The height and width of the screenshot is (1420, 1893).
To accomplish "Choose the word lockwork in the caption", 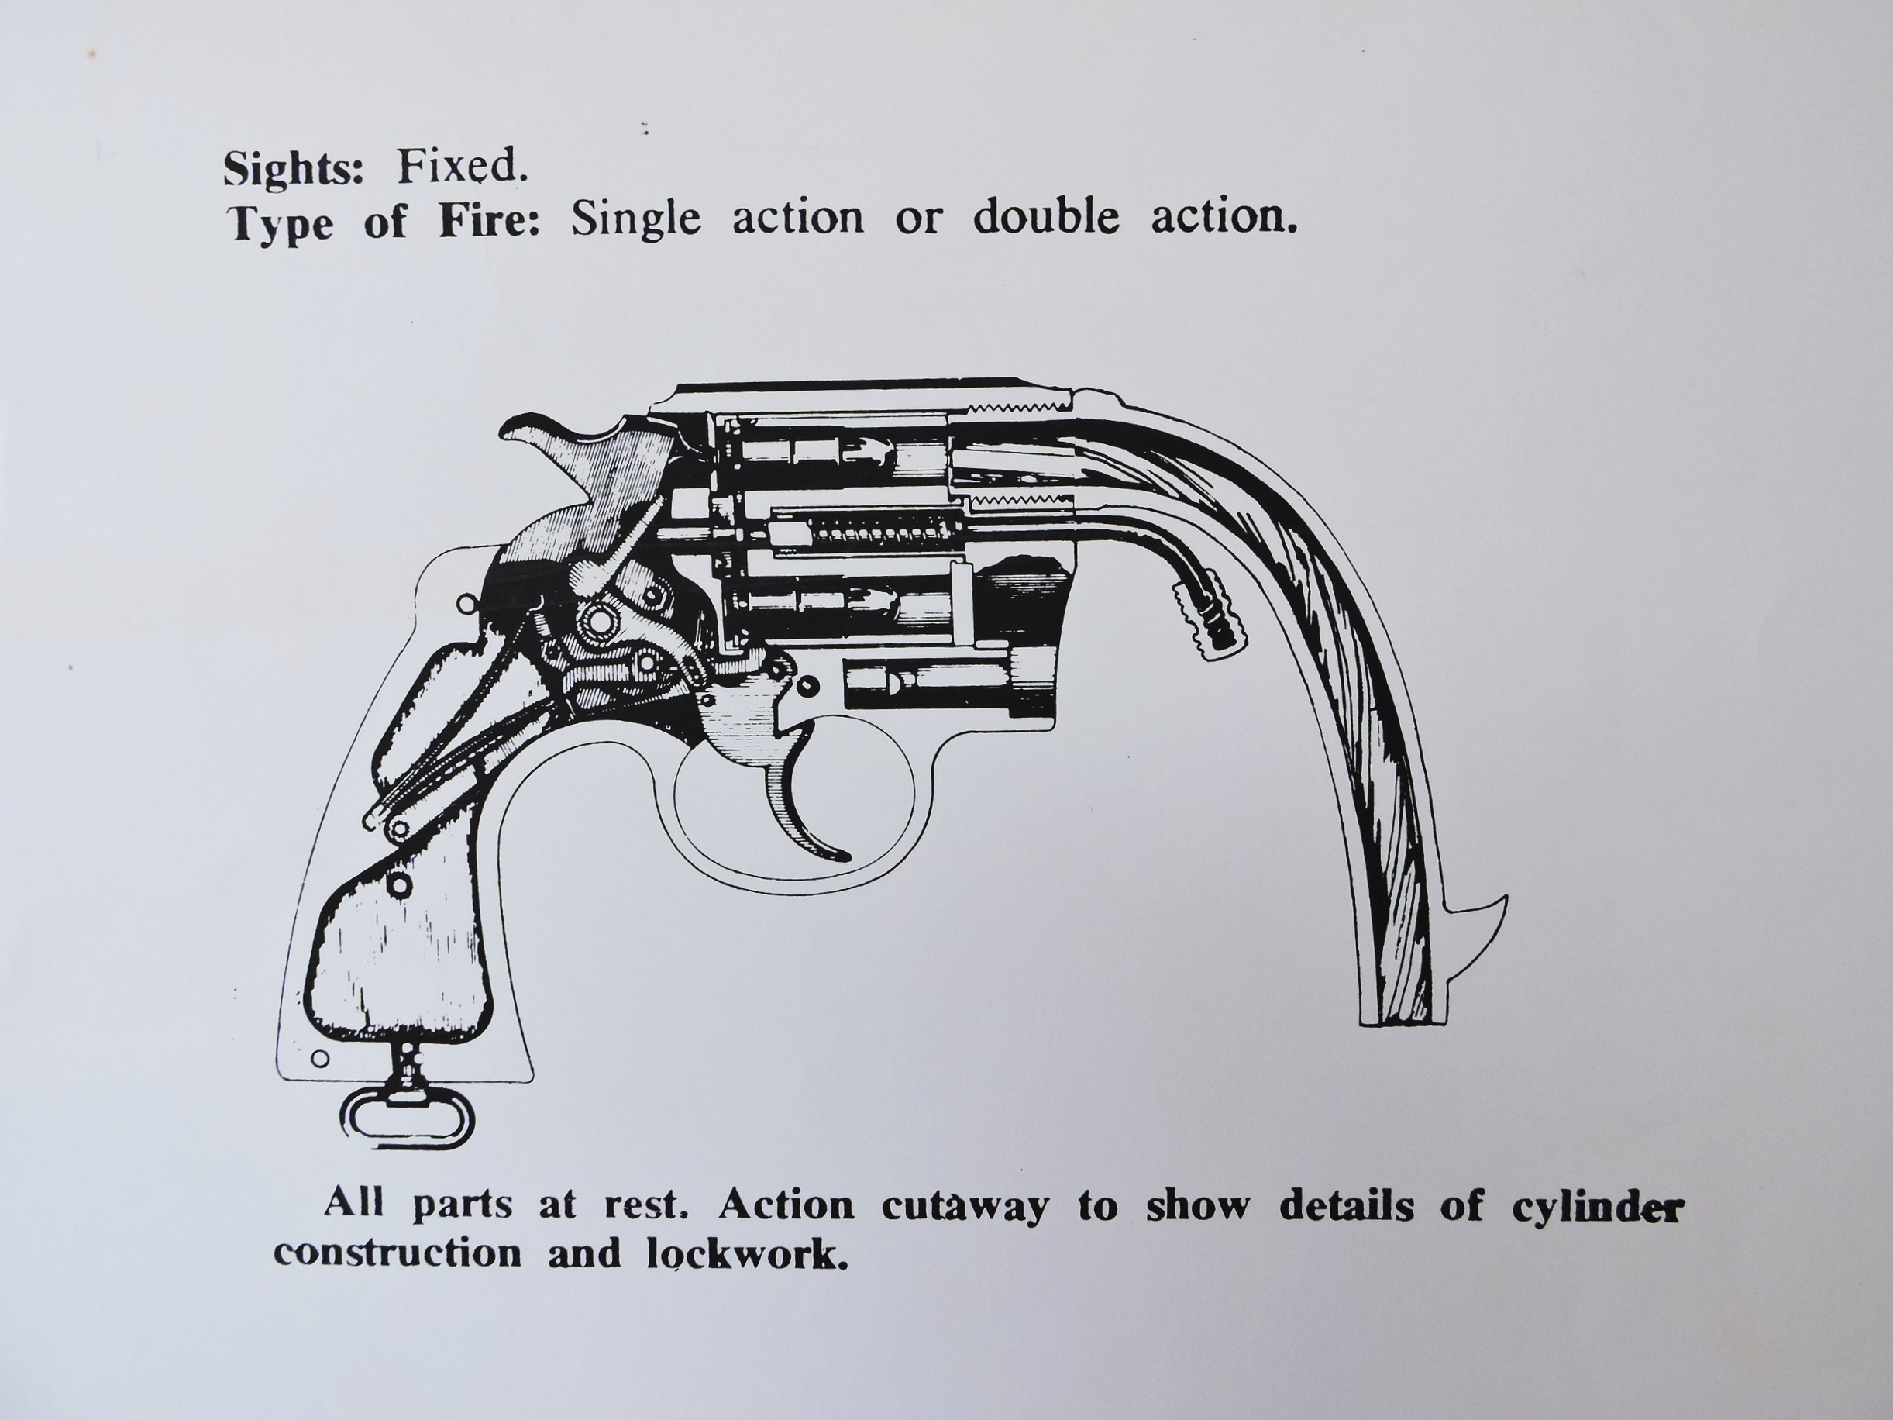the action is (x=741, y=1254).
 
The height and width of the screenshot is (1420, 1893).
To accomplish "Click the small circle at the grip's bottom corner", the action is (x=320, y=1059).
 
